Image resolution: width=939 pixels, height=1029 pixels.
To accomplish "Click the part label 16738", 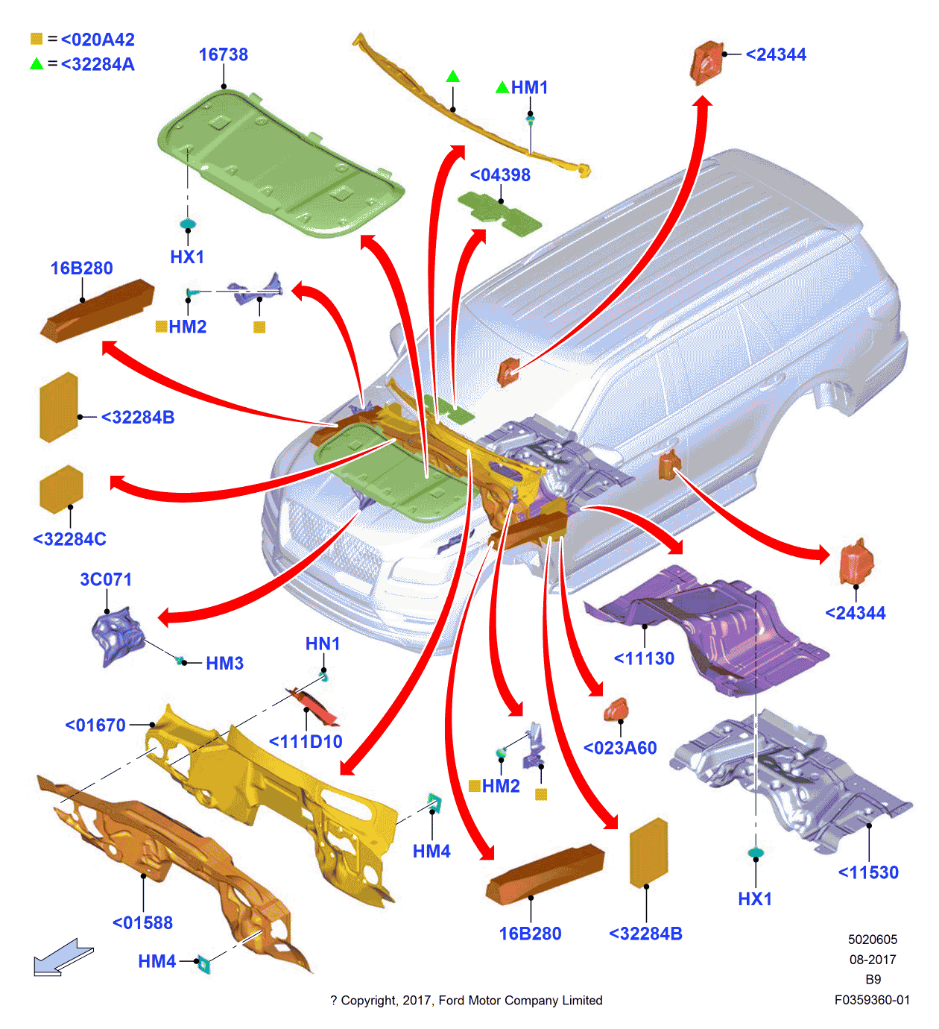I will tap(223, 54).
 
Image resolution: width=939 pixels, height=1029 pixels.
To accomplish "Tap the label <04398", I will tap(500, 175).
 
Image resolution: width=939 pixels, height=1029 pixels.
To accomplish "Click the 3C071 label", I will tap(106, 579).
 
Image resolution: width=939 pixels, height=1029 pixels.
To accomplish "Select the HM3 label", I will tap(224, 663).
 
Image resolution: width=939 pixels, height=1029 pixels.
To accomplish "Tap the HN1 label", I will tap(323, 643).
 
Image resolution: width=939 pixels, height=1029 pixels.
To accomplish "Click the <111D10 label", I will tap(306, 742).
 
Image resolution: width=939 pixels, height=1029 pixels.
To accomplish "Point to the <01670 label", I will tap(95, 725).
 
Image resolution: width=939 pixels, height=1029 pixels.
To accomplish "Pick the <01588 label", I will tap(142, 923).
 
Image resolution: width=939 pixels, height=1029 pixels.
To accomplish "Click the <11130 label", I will tap(644, 658).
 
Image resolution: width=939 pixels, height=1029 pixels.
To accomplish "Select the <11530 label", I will tap(868, 872).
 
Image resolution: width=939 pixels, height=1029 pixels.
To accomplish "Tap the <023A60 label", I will tap(620, 748).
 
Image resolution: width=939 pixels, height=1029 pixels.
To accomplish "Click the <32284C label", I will tap(70, 538).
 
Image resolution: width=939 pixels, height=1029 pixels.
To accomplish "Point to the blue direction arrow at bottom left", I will tap(63, 957).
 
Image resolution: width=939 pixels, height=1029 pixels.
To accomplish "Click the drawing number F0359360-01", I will tap(872, 1000).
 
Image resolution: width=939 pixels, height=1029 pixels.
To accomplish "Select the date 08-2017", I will tap(873, 960).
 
